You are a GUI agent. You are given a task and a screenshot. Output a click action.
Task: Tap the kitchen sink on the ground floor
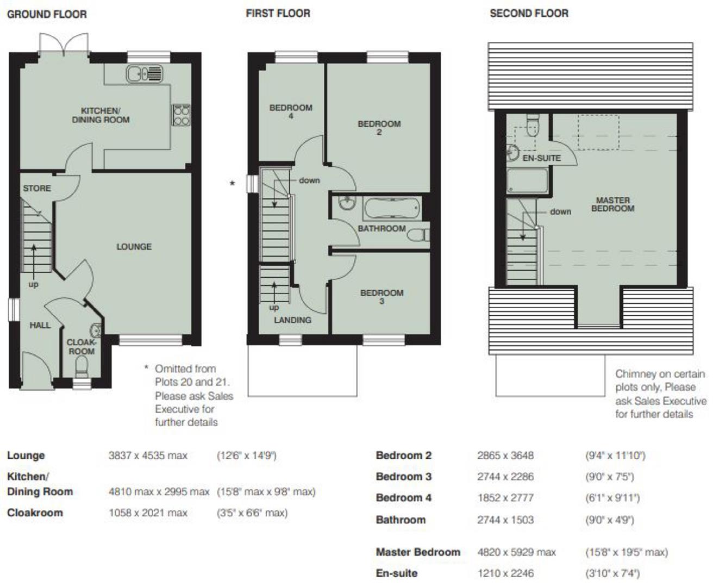(x=145, y=73)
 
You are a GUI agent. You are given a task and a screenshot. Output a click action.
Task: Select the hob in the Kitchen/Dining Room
(x=181, y=114)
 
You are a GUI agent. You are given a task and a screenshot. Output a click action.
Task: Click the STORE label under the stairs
(x=37, y=189)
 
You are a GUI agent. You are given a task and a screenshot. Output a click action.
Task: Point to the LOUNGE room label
(x=134, y=247)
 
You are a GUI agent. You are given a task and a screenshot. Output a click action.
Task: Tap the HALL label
(x=40, y=325)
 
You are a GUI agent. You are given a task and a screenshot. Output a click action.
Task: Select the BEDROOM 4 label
(x=291, y=111)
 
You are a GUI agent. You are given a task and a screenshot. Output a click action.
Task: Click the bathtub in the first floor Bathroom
(x=391, y=208)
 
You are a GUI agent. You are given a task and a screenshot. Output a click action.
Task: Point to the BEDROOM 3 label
(x=381, y=296)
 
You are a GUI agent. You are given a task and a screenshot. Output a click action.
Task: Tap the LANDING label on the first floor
(x=292, y=320)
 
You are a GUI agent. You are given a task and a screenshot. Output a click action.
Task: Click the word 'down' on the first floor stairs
(x=309, y=180)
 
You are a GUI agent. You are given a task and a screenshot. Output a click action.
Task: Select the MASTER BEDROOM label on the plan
(x=612, y=204)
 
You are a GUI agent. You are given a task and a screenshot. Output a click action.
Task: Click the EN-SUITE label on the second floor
(x=541, y=158)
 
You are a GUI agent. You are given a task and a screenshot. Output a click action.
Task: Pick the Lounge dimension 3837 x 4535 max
(x=148, y=455)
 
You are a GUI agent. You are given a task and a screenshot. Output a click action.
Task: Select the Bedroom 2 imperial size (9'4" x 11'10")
(x=615, y=455)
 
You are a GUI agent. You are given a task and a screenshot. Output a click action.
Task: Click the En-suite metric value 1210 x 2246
(x=505, y=573)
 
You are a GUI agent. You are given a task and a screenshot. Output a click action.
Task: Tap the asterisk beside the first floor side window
(x=232, y=184)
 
